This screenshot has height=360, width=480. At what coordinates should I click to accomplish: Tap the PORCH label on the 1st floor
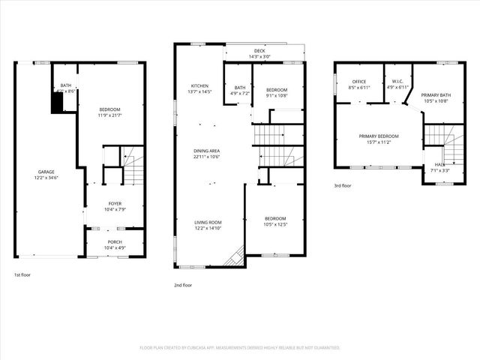(115, 241)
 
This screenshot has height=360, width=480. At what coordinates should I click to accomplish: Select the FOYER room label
(115, 202)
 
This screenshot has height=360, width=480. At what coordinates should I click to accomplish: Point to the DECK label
(259, 51)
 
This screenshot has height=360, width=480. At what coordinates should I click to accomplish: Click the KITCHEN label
(199, 85)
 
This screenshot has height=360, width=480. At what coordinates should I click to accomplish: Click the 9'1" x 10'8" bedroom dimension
(276, 95)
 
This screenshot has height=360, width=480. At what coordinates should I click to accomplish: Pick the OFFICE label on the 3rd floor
(357, 82)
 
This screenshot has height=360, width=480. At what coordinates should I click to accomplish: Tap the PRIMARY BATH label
(435, 95)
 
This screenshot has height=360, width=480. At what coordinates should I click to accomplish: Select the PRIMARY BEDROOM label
(378, 136)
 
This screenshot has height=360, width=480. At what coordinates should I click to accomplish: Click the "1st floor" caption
(22, 274)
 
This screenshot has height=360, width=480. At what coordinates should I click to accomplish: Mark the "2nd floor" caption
(183, 285)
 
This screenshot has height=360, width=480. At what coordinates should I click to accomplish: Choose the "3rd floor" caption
(343, 185)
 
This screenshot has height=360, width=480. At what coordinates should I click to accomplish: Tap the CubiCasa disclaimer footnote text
(240, 348)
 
